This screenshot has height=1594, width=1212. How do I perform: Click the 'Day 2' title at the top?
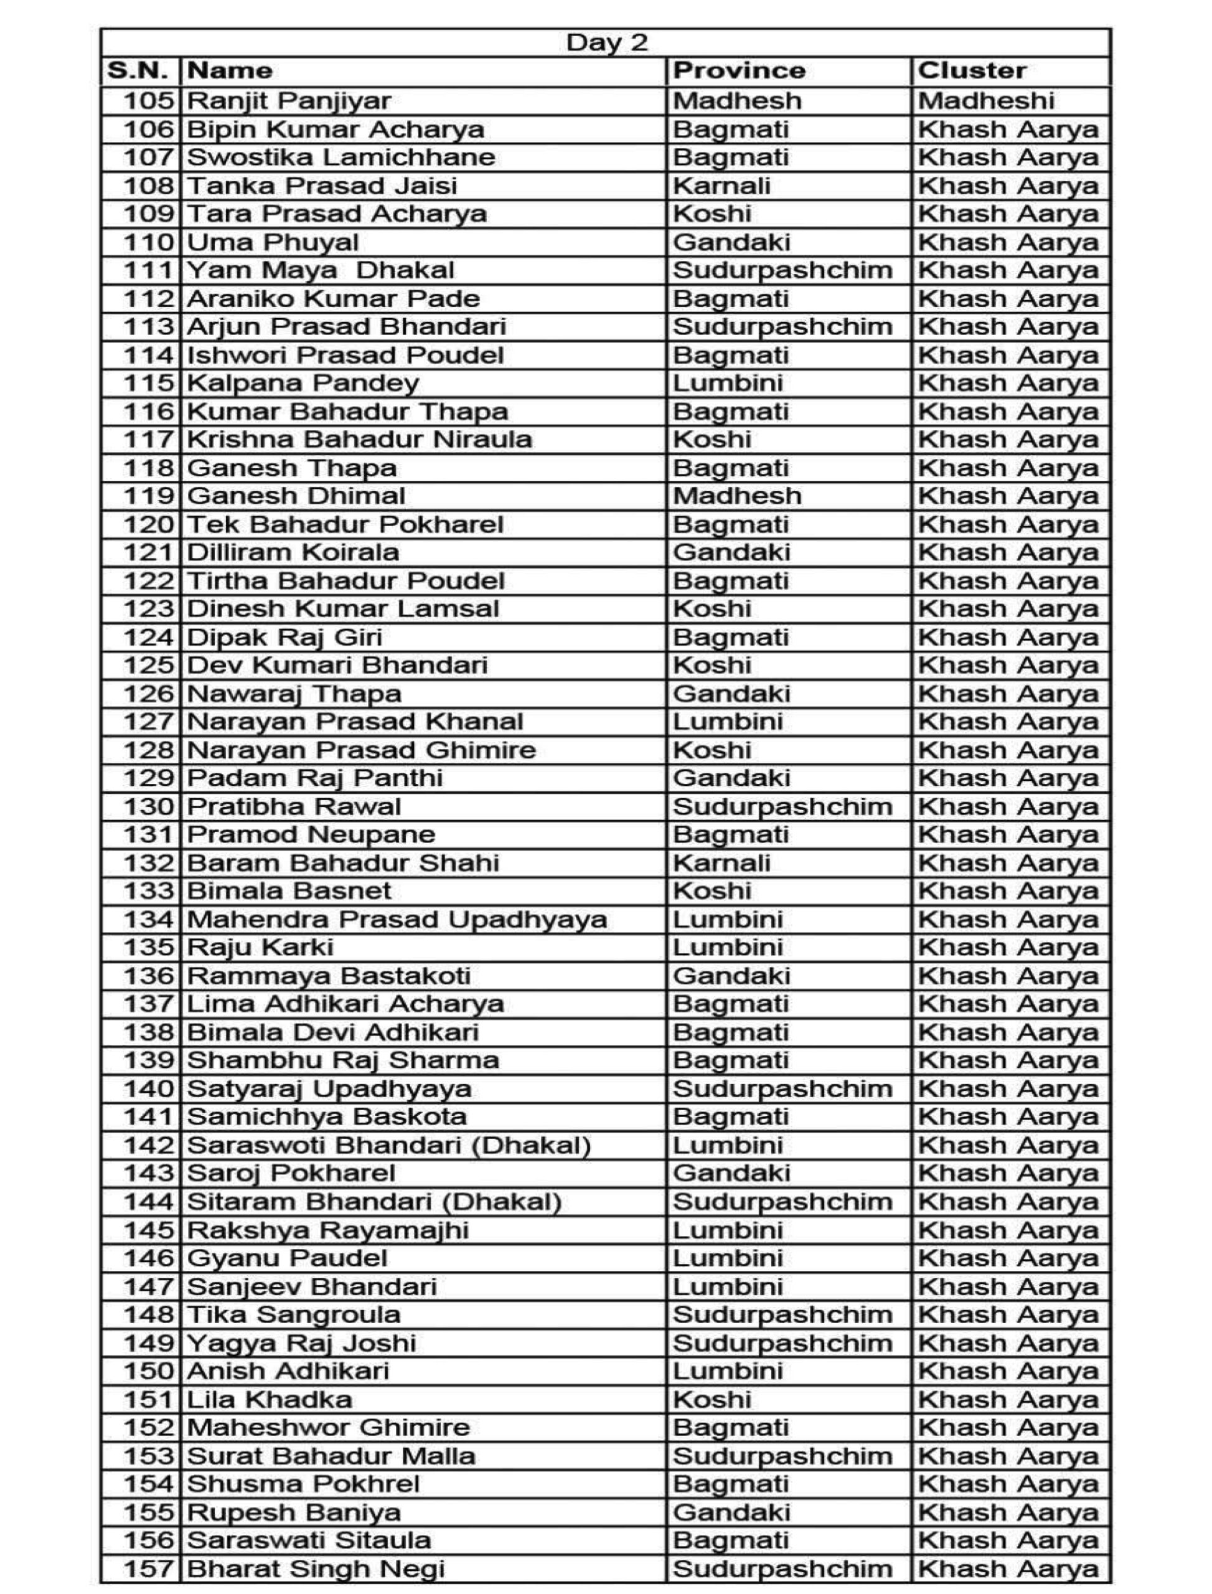pyautogui.click(x=606, y=42)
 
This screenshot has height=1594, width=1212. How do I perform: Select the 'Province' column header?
pyautogui.click(x=739, y=71)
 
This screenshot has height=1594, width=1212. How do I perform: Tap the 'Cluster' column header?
pyautogui.click(x=971, y=71)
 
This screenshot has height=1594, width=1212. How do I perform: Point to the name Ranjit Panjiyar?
pyautogui.click(x=289, y=100)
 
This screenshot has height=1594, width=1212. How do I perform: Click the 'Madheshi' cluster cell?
pyautogui.click(x=985, y=100)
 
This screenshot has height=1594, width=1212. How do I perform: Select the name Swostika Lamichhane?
pyautogui.click(x=341, y=158)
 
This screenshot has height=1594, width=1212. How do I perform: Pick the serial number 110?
pyautogui.click(x=149, y=242)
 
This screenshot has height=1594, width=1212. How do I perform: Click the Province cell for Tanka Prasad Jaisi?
pyautogui.click(x=721, y=186)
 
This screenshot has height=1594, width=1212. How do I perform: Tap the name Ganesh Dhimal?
pyautogui.click(x=296, y=496)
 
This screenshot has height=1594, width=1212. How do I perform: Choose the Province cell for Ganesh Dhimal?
pyautogui.click(x=736, y=496)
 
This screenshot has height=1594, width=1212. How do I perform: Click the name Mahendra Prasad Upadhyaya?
pyautogui.click(x=397, y=919)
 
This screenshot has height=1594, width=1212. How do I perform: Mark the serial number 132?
pyautogui.click(x=149, y=863)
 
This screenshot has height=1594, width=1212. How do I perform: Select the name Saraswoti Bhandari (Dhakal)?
pyautogui.click(x=389, y=1145)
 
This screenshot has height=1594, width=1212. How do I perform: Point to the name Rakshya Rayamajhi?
pyautogui.click(x=327, y=1230)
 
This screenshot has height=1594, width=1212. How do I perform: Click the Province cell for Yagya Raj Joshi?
pyautogui.click(x=782, y=1343)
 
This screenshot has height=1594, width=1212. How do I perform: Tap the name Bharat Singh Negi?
pyautogui.click(x=315, y=1568)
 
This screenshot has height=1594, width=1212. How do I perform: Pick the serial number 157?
pyautogui.click(x=149, y=1568)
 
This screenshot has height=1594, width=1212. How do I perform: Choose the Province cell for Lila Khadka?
pyautogui.click(x=712, y=1400)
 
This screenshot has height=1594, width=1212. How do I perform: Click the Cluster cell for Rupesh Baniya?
pyautogui.click(x=1008, y=1512)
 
